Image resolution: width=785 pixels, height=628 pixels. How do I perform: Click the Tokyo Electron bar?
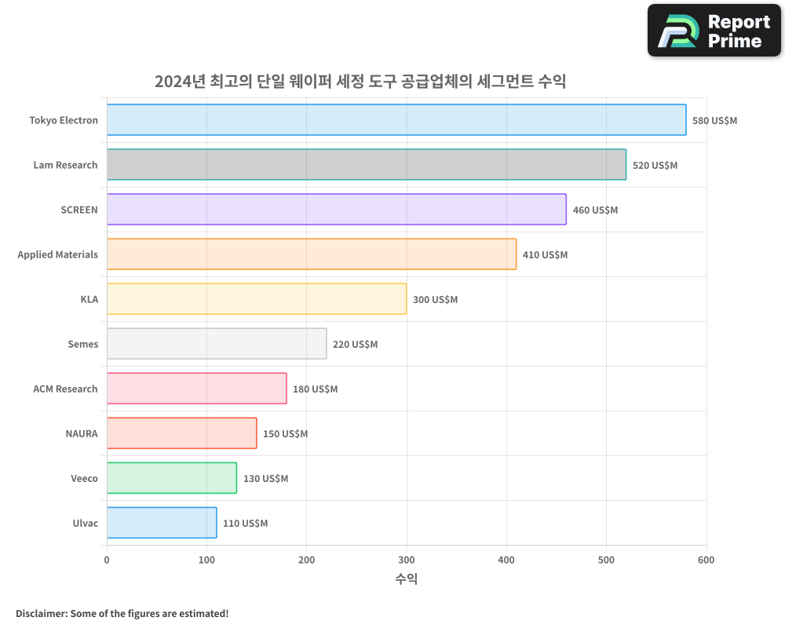pyautogui.click(x=396, y=120)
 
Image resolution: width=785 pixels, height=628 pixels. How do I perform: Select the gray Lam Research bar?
pyautogui.click(x=367, y=165)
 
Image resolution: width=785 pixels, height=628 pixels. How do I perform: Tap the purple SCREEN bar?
pyautogui.click(x=336, y=210)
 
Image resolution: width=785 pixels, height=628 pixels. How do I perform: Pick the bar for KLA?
pyautogui.click(x=257, y=299)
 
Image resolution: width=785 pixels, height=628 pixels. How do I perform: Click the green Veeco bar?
pyautogui.click(x=171, y=478)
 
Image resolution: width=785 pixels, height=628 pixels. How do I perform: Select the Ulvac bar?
pyautogui.click(x=162, y=523)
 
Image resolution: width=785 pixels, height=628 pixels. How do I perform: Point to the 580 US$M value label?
pyautogui.click(x=714, y=121)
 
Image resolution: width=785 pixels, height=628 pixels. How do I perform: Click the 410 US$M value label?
pyautogui.click(x=545, y=255)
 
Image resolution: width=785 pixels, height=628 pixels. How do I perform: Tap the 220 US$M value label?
pyautogui.click(x=355, y=345)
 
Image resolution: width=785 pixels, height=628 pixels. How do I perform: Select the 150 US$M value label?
pyautogui.click(x=285, y=434)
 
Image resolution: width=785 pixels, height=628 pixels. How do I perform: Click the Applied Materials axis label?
pyautogui.click(x=58, y=254)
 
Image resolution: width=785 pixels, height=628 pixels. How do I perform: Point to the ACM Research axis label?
pyautogui.click(x=65, y=389)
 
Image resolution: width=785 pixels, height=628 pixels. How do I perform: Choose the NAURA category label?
pyautogui.click(x=82, y=433)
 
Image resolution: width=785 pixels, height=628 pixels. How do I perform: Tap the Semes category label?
pyautogui.click(x=83, y=344)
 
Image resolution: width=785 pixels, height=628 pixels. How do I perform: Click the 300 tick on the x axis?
pyautogui.click(x=407, y=560)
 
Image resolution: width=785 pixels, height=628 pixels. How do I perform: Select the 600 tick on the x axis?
pyautogui.click(x=706, y=560)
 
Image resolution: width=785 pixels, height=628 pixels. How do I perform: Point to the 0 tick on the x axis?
pyautogui.click(x=107, y=560)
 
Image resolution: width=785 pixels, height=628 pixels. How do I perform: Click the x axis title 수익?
pyautogui.click(x=406, y=579)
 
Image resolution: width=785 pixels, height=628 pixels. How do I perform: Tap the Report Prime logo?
pyautogui.click(x=714, y=31)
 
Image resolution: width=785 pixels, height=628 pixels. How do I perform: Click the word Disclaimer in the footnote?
pyautogui.click(x=40, y=613)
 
